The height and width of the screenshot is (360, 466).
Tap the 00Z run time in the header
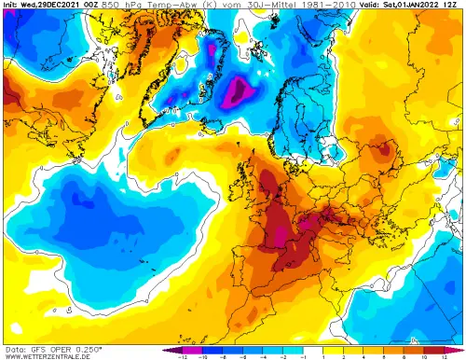pos(94,5)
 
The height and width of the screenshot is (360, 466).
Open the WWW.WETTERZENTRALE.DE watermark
pos(47,355)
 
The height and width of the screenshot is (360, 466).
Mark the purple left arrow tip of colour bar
pos(165,349)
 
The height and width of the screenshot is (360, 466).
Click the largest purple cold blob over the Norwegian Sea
pos(239,91)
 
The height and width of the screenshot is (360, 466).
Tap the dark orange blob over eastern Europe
pos(382,149)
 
